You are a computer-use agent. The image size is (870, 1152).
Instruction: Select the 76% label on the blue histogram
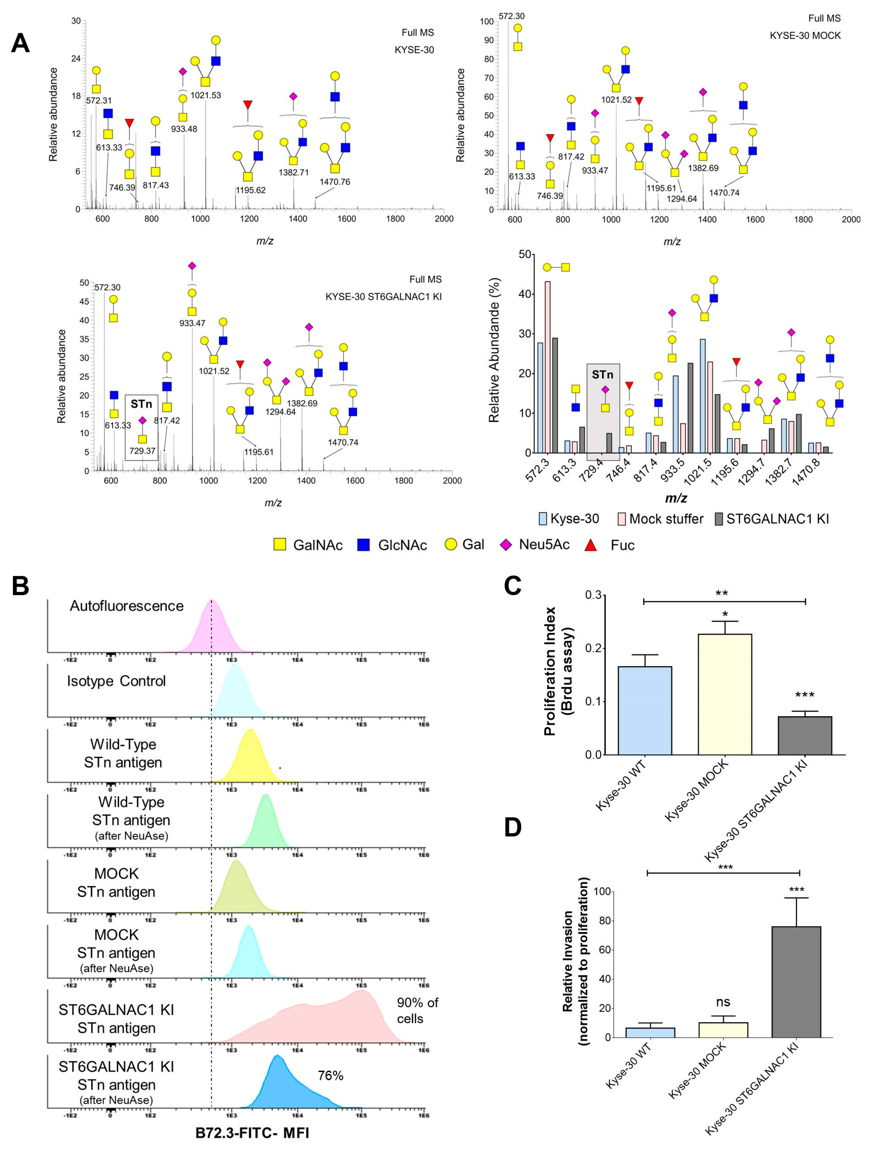(330, 1076)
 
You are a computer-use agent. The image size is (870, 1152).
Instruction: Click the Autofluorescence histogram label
(127, 606)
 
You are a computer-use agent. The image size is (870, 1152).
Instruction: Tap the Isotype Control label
(116, 681)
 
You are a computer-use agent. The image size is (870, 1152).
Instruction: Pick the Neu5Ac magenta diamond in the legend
(505, 545)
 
